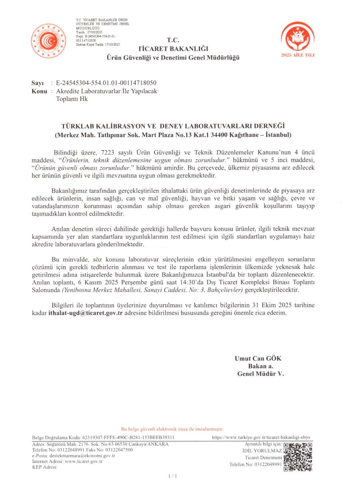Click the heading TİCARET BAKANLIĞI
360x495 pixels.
point(173,49)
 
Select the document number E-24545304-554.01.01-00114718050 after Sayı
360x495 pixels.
point(106,83)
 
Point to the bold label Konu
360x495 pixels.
point(40,91)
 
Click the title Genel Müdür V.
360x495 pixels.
point(260,374)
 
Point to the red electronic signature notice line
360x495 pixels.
point(172,429)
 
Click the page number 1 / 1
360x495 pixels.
point(173,476)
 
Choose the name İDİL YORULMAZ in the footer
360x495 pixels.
point(262,451)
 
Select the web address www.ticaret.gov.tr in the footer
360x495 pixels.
point(84,461)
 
